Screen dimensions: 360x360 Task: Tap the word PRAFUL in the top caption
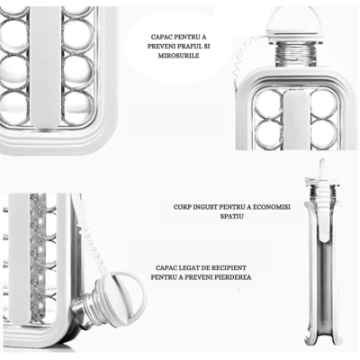tap(185, 47)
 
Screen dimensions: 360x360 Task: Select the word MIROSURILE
tap(179, 56)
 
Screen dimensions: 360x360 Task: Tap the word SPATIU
tap(231, 216)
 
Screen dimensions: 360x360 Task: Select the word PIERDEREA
tap(233, 277)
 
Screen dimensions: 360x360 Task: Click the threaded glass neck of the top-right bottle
tap(296, 54)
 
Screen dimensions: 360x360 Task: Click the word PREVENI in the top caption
tap(159, 47)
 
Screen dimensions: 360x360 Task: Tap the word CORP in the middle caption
tap(182, 207)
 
